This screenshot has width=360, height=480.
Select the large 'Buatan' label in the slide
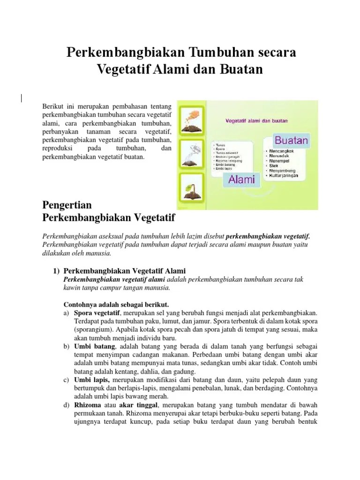point(291,140)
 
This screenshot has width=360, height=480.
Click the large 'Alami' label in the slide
point(241,180)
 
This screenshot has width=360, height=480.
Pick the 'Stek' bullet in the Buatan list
point(273,166)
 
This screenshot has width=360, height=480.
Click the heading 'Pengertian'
point(67,205)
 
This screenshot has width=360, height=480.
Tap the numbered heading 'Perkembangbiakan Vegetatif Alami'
point(124,271)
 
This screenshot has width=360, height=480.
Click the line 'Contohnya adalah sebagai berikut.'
point(115,304)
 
